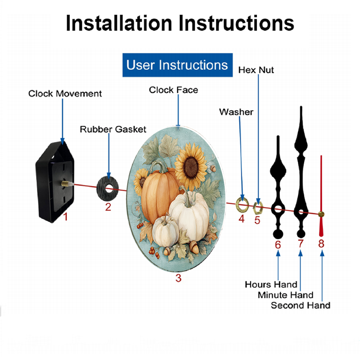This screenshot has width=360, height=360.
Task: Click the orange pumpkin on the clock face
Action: pos(156,195)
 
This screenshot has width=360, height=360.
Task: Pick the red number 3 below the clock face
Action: pos(179,278)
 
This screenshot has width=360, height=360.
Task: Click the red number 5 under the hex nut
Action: pos(257,220)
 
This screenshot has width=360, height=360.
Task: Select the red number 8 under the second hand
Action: pos(321,243)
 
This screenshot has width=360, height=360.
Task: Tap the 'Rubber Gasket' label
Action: pos(113,129)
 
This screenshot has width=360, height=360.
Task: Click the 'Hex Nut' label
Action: pos(256,70)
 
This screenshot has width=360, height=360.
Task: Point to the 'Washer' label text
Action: pos(236,112)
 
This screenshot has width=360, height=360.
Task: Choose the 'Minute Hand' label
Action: pos(285,295)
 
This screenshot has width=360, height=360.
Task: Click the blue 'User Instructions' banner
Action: pos(177,65)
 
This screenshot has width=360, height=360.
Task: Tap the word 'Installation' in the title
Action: pos(119,23)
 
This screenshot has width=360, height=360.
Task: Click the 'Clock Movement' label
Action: pos(65,94)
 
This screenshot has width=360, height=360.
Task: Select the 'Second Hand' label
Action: pos(301,305)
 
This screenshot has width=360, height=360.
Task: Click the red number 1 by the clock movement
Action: pos(66,217)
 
